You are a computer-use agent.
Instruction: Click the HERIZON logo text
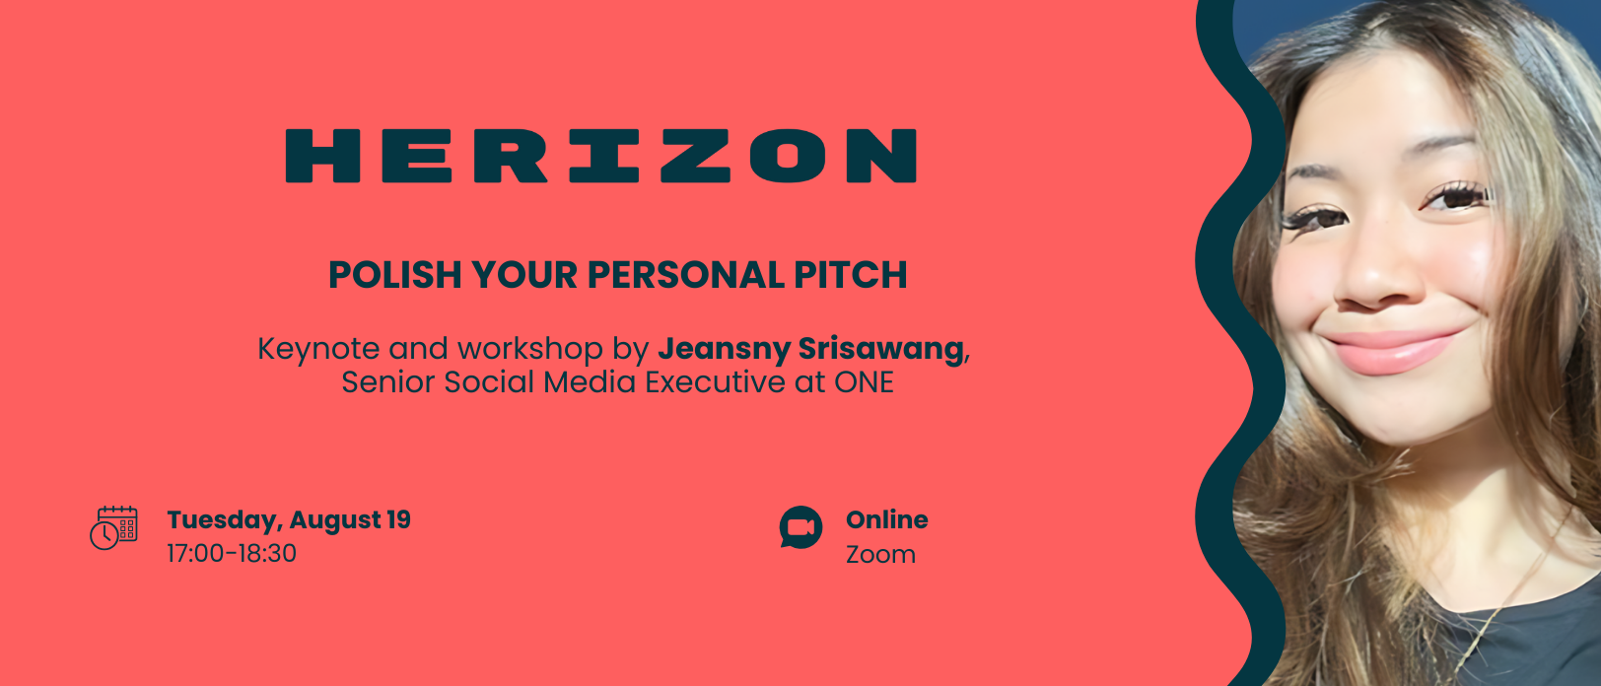(x=601, y=156)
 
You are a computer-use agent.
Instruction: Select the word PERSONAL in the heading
(x=685, y=275)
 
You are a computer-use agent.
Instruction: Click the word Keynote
(x=318, y=350)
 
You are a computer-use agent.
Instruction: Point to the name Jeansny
(x=724, y=350)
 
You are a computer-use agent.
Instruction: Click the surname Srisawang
(x=880, y=350)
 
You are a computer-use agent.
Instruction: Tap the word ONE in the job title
(x=865, y=382)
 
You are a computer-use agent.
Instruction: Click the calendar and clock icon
(x=113, y=528)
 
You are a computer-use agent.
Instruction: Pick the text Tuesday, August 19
(x=289, y=520)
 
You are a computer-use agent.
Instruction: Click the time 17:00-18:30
(x=232, y=554)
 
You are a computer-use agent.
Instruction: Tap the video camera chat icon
(x=800, y=527)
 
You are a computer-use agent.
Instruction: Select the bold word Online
(x=887, y=519)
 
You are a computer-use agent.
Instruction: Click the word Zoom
(x=880, y=555)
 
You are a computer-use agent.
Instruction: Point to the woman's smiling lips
(x=1390, y=350)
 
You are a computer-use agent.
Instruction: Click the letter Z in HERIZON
(x=695, y=156)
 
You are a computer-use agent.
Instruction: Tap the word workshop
(x=530, y=350)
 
